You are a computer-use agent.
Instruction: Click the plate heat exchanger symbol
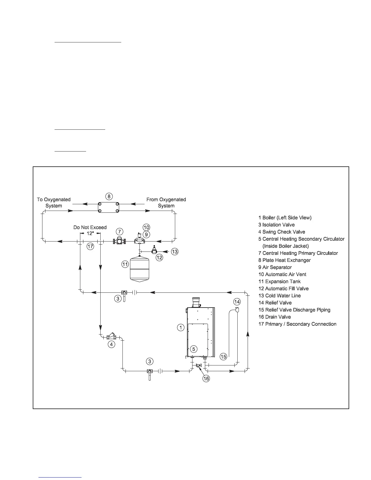click(109, 208)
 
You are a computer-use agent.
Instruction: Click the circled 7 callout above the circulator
click(120, 232)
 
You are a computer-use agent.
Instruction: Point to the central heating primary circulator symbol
click(119, 241)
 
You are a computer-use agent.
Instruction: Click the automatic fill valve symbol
click(155, 250)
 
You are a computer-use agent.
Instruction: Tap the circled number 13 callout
click(175, 251)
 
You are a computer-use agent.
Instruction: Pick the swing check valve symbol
click(111, 336)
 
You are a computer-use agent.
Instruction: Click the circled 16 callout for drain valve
click(206, 378)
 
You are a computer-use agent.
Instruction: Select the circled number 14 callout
click(237, 302)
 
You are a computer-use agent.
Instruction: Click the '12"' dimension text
click(90, 233)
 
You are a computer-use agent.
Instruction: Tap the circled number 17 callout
click(90, 246)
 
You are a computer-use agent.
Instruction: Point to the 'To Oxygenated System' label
click(54, 203)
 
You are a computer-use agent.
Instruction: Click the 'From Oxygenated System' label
click(166, 203)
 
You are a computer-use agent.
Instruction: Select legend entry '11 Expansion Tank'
click(279, 282)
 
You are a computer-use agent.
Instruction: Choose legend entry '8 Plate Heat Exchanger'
click(284, 260)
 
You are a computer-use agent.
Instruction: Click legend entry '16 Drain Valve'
click(274, 317)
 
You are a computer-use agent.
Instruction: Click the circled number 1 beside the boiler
click(180, 327)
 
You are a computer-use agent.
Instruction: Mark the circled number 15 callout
click(223, 357)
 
